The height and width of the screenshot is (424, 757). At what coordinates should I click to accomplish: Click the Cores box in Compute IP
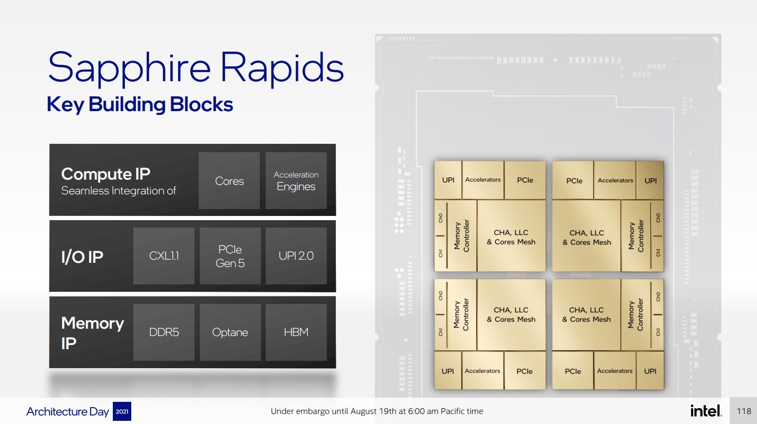point(229,181)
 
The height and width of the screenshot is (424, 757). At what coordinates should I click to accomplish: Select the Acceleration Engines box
point(296,181)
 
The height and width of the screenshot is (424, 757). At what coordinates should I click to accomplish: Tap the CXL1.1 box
point(164,256)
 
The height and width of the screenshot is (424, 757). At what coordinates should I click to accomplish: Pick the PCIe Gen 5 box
point(230,256)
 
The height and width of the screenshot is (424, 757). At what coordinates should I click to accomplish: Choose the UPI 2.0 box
point(296,256)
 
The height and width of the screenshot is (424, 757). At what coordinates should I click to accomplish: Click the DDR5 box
point(164,332)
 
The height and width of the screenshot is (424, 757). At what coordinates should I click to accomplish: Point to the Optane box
point(230,332)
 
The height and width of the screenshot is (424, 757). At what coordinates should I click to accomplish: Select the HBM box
point(296,332)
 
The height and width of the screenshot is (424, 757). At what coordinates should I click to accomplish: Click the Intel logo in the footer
point(706,411)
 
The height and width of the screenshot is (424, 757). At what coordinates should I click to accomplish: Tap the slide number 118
point(744,411)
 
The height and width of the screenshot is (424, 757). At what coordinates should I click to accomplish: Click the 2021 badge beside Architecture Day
point(122,411)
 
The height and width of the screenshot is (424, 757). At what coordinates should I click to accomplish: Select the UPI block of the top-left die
point(448,180)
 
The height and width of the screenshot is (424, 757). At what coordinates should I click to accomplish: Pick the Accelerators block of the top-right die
point(615,180)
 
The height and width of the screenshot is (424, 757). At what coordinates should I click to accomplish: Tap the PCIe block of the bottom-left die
point(525,371)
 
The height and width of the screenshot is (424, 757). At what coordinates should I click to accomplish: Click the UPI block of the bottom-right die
point(650,371)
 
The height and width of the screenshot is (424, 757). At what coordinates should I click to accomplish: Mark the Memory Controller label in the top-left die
point(462,235)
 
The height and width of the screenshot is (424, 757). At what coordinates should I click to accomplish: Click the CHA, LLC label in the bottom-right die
point(586,310)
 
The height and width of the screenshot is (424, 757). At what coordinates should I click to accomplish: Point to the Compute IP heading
point(106,174)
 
